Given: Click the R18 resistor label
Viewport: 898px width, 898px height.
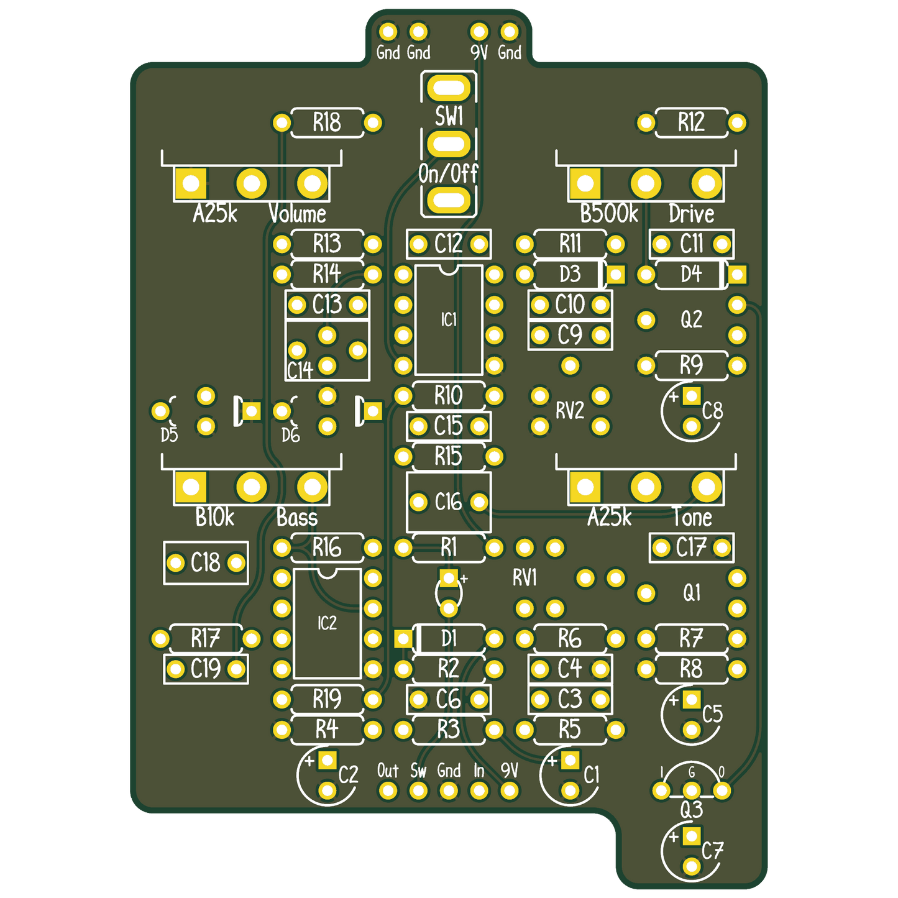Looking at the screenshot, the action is pos(327,122).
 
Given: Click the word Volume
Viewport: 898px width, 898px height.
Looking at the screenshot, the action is pos(297,214).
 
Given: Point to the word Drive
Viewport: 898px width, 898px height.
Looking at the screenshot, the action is pos(691,214).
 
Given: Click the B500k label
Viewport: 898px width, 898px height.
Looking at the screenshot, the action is pos(609,214).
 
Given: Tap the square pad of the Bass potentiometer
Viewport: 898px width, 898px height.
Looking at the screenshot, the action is pos(191,487).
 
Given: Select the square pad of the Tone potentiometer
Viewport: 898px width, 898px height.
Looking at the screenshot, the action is pos(585,487).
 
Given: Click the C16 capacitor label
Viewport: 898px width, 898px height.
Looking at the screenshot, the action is pos(448,502).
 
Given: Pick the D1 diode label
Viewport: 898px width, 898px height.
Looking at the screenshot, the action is pos(448,638).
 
